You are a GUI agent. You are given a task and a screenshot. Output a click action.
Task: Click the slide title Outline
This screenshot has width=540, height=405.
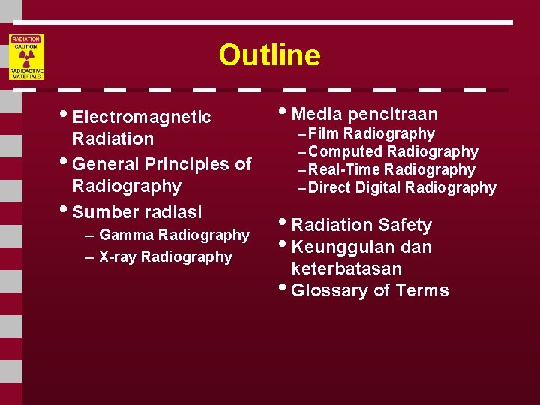click(269, 55)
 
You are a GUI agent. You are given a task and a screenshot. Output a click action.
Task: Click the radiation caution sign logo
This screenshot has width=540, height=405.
click(26, 57)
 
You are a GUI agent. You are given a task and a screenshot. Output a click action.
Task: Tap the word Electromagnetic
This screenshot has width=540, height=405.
click(142, 118)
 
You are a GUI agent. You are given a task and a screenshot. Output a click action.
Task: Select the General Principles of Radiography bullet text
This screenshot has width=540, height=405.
click(161, 175)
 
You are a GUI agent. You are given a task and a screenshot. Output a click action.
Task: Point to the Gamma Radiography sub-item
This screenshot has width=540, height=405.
click(174, 235)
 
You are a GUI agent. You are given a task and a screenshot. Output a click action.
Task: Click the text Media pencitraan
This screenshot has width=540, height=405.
click(364, 114)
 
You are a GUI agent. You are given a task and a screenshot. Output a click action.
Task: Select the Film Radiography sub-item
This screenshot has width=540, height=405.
click(371, 134)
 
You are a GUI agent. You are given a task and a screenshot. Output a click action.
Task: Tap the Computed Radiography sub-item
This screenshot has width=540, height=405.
click(393, 152)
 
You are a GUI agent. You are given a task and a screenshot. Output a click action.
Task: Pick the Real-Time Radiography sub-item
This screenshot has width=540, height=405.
click(391, 170)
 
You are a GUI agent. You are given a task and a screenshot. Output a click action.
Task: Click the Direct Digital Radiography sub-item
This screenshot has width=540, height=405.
click(402, 188)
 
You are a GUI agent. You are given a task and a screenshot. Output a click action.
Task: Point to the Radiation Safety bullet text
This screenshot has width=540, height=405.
click(361, 225)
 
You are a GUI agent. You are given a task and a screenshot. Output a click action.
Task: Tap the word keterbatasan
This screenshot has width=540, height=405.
click(346, 268)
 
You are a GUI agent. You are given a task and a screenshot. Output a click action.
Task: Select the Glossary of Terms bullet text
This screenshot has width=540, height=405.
click(370, 291)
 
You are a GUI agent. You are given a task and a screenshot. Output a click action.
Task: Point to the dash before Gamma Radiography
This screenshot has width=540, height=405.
click(90, 235)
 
